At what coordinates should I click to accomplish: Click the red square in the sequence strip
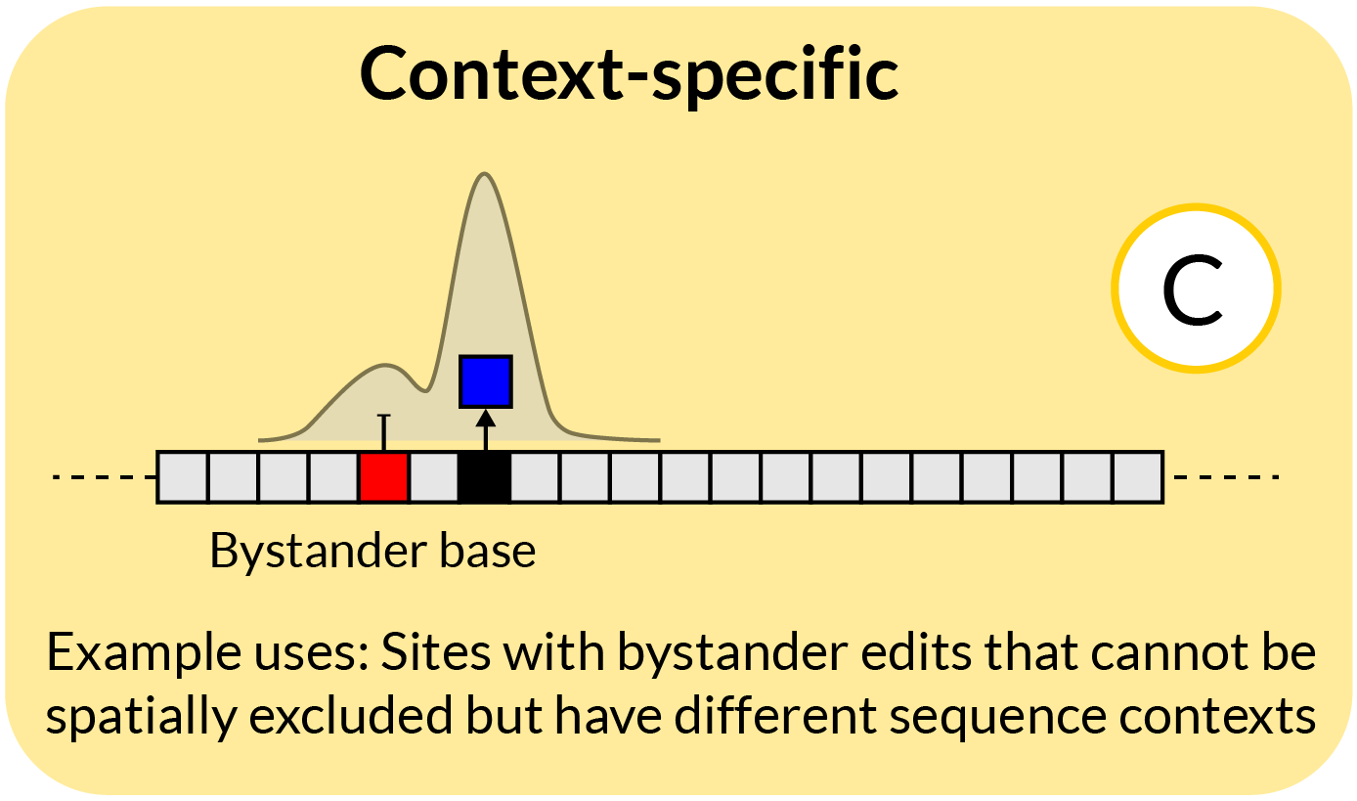383,477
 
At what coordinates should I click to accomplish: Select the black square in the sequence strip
484,477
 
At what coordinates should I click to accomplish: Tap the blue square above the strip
486,381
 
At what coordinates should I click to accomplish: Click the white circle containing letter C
1195,289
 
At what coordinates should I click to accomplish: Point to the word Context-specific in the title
630,74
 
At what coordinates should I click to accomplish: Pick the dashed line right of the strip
1226,477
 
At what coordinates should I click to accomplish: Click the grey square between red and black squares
434,477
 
